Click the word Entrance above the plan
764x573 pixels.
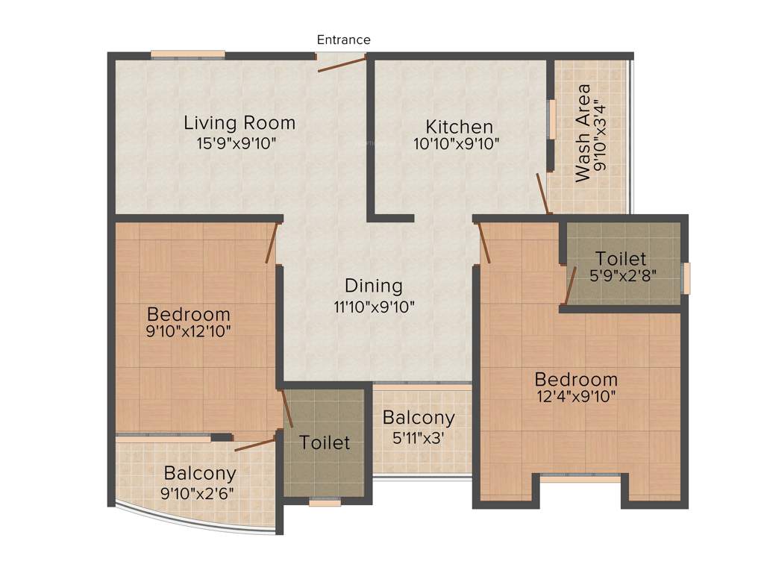coord(343,40)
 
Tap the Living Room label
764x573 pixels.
coord(239,122)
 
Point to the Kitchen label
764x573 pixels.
coord(459,126)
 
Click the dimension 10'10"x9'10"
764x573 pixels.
coord(456,143)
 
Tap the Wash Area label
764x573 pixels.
coord(583,133)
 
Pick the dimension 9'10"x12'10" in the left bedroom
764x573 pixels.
coord(189,332)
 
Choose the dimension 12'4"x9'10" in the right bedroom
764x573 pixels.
coord(575,397)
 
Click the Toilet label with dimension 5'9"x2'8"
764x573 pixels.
coord(621,259)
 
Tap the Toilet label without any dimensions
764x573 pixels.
coord(325,442)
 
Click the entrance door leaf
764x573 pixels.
coord(342,64)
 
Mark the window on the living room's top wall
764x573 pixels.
coord(187,54)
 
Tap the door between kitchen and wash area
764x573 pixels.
coord(543,194)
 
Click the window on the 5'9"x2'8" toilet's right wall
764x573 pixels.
coord(686,278)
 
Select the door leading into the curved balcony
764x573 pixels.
coord(255,445)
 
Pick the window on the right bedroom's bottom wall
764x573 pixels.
coord(580,478)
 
